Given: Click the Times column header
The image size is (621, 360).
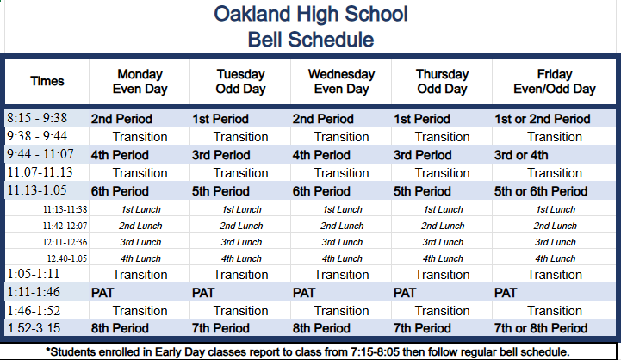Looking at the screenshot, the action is (x=47, y=81).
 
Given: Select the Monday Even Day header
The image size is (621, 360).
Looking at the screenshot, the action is (x=140, y=82).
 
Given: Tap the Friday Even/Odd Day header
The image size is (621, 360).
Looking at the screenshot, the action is (x=555, y=82).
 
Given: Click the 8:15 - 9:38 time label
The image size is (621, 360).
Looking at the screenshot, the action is (x=37, y=118).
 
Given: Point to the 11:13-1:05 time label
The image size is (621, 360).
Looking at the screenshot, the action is (x=37, y=190).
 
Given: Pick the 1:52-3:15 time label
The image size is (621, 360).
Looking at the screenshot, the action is (x=34, y=328).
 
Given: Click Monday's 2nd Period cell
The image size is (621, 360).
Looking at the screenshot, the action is (x=121, y=119).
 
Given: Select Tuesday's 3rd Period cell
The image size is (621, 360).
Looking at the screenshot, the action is (x=221, y=155).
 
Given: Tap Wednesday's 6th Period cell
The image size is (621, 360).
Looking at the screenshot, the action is (x=321, y=191).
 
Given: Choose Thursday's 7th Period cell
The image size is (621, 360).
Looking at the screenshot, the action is (x=422, y=328).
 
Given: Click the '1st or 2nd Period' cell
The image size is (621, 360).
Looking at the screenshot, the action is (x=542, y=119).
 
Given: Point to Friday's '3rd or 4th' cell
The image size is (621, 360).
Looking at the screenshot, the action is (x=521, y=155).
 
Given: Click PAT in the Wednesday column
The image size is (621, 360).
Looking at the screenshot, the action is (x=304, y=293).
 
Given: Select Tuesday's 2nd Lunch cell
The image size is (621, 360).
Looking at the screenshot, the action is (x=241, y=226).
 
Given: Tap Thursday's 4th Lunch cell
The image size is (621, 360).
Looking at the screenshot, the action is (x=443, y=258).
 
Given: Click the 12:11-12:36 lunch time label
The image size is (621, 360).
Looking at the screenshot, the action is (x=65, y=242).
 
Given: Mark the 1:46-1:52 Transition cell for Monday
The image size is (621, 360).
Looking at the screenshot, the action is (x=140, y=311).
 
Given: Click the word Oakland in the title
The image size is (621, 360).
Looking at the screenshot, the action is (x=252, y=14).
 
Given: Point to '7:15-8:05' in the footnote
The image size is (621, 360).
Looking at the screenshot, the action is (x=371, y=351).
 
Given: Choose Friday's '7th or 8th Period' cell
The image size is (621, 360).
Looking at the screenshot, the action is (x=541, y=328).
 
